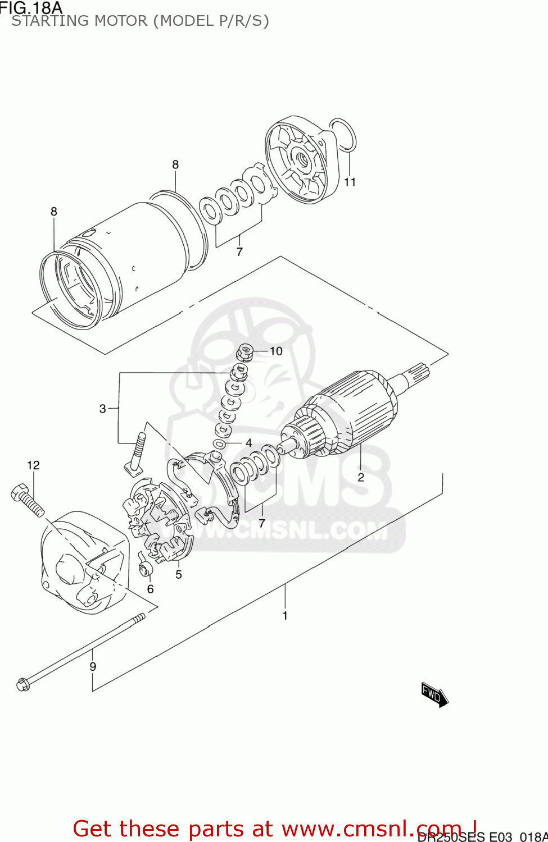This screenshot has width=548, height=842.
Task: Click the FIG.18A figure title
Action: (x=31, y=7)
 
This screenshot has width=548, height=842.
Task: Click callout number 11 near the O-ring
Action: (x=350, y=182)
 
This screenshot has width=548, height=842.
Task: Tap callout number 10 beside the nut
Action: (x=276, y=351)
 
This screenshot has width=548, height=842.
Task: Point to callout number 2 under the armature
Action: (x=361, y=477)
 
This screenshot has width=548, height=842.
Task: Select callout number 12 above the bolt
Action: (x=33, y=465)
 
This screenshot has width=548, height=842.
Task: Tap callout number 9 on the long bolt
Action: (x=93, y=666)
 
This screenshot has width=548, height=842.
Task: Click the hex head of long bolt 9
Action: (x=23, y=685)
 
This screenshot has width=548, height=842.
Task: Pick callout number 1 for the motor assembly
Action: (x=285, y=616)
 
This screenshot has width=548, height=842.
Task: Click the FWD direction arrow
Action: (x=434, y=695)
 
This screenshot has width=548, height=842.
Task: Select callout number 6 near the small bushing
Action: (x=150, y=589)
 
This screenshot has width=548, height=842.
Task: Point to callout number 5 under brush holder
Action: (x=179, y=574)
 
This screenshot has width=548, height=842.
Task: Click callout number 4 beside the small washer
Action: (x=248, y=443)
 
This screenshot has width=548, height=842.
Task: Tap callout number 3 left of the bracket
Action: (x=102, y=409)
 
